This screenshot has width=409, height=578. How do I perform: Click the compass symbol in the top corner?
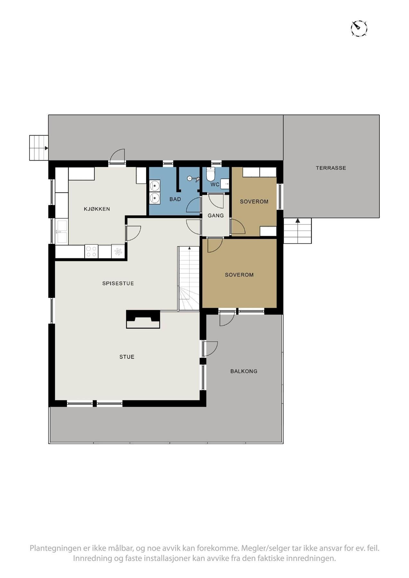tap(359, 28)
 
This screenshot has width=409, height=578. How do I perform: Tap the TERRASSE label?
tap(331, 168)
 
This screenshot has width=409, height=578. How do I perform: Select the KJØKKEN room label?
tap(97, 209)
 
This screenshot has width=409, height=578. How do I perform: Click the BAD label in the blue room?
tap(175, 199)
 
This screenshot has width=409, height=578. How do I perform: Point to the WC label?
tap(215, 185)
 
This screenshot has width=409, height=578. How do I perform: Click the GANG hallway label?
tap(216, 216)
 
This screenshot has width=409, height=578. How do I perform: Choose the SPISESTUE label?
tap(118, 284)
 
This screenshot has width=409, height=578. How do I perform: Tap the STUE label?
tap(127, 357)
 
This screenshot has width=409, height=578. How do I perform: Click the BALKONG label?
tap(244, 372)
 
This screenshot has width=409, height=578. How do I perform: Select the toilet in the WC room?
tap(210, 175)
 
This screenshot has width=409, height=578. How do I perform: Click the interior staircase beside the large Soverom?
tap(189, 278)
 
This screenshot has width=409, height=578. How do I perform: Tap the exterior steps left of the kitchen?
tap(39, 148)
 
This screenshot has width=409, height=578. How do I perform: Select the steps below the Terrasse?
tap(298, 231)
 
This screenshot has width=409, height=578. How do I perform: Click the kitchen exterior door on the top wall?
tap(117, 157)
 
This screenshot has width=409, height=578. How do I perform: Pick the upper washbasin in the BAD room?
tap(155, 186)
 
